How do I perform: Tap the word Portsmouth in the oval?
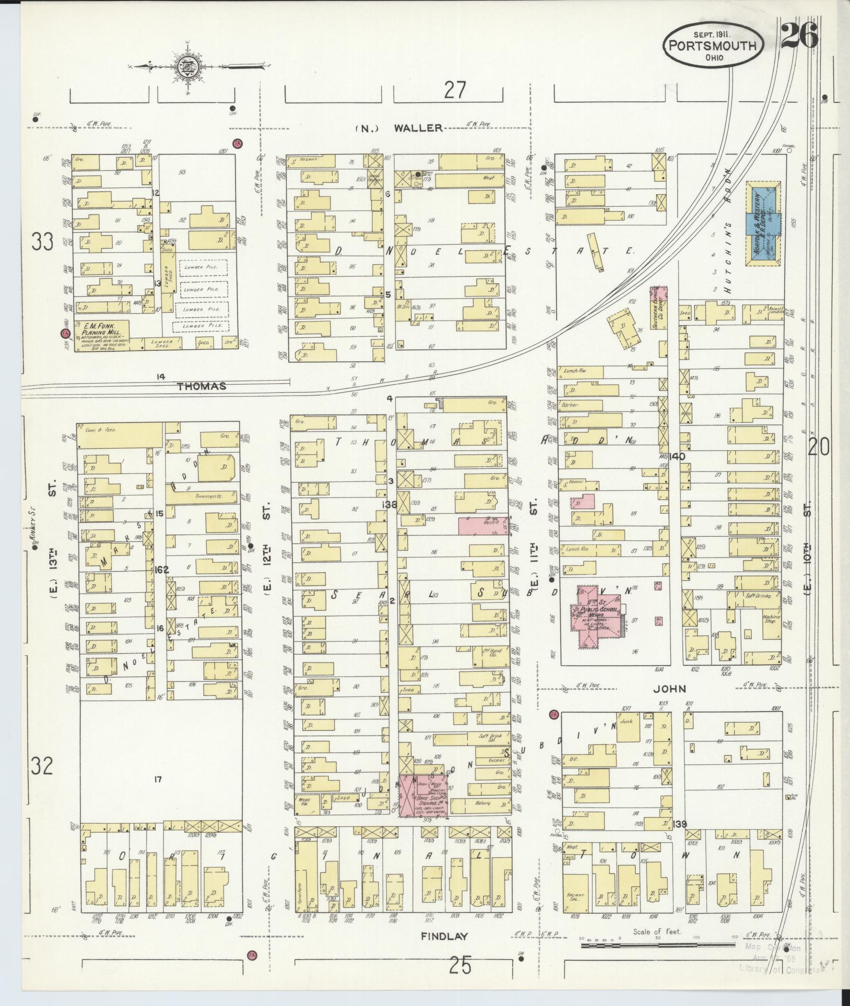[x=713, y=46]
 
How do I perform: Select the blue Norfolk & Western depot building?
[x=763, y=223]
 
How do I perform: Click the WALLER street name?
[x=418, y=127]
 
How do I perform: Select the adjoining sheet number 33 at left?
[x=42, y=242]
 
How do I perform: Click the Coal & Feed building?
[x=120, y=434]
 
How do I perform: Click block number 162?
[x=162, y=570]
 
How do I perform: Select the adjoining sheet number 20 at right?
[x=819, y=447]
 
